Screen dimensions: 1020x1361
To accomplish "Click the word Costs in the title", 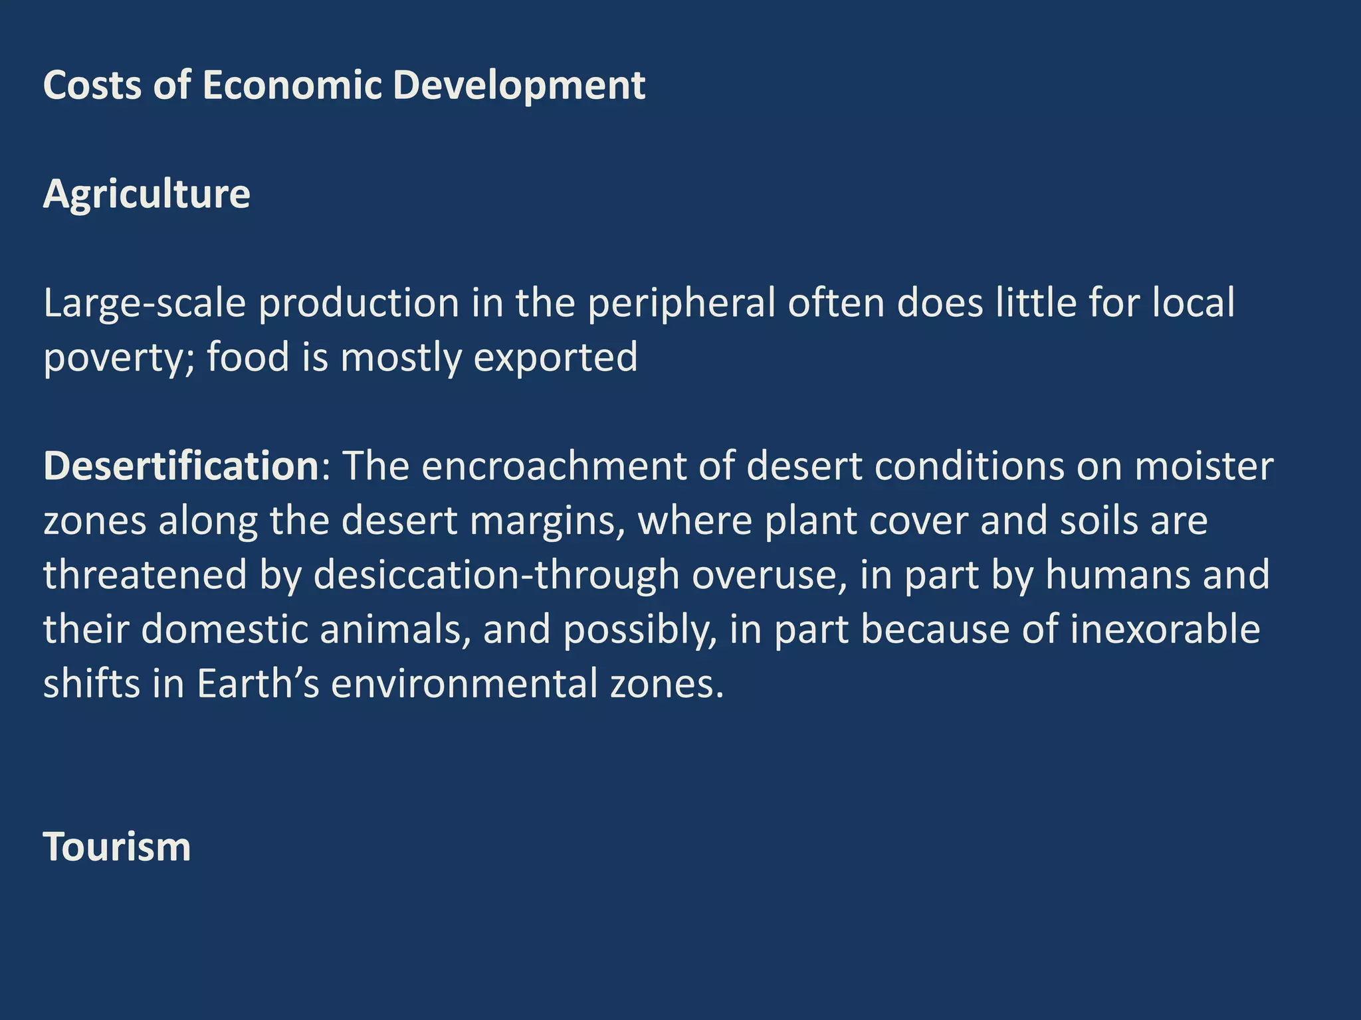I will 92,86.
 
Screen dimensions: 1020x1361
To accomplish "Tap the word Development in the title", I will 518,86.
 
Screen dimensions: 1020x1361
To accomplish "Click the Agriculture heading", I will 146,195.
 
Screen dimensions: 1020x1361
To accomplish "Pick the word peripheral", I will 681,304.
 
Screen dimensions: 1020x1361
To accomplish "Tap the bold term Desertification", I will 181,466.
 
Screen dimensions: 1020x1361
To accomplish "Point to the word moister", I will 1204,466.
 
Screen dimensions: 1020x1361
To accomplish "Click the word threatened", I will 146,575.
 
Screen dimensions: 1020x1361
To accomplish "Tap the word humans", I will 1117,575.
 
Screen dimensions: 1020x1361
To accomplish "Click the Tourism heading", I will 117,847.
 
